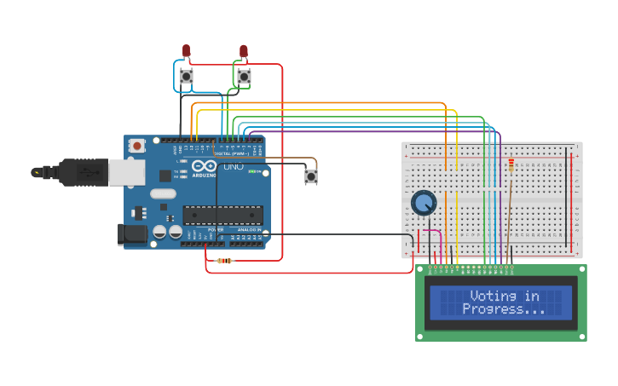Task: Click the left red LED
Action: [x=186, y=51]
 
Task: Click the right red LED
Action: [x=244, y=51]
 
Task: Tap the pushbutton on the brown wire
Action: [x=311, y=176]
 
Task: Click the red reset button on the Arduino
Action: [x=137, y=147]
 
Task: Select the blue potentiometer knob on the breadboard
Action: [x=424, y=203]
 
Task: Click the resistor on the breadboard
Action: [x=511, y=165]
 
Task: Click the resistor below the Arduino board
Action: [x=224, y=261]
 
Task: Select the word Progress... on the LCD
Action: [x=504, y=308]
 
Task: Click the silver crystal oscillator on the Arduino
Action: [x=163, y=193]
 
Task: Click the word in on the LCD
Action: [x=532, y=296]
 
